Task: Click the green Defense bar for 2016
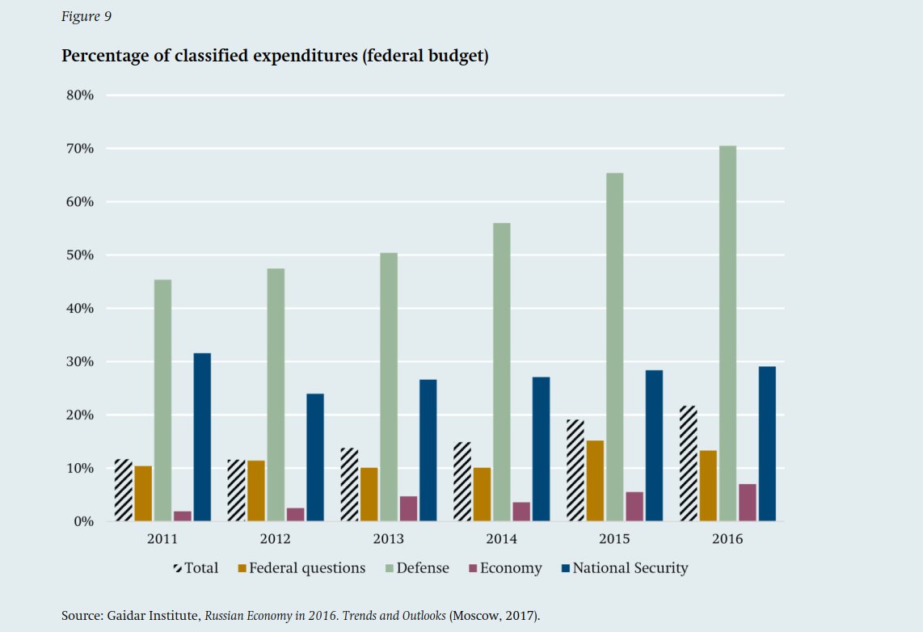tap(727, 333)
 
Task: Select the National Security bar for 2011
tap(202, 437)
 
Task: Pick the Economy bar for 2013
tap(408, 508)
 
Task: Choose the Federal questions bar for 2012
tap(256, 491)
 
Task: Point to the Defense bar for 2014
tap(501, 372)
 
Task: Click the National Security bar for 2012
tap(315, 457)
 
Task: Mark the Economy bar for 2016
tap(747, 503)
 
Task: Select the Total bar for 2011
tap(123, 491)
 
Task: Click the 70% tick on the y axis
tap(80, 149)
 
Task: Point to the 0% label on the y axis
tap(84, 522)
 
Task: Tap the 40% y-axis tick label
tap(80, 309)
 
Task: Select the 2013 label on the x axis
tap(388, 539)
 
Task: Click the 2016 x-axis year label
tap(727, 539)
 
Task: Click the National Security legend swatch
tap(566, 569)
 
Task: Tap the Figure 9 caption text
tap(86, 17)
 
